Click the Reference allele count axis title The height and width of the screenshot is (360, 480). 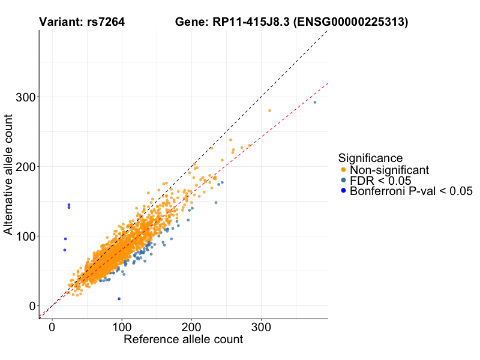pyautogui.click(x=183, y=340)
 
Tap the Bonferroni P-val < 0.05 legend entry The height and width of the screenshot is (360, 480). pyautogui.click(x=411, y=191)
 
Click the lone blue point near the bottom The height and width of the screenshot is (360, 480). pyautogui.click(x=119, y=298)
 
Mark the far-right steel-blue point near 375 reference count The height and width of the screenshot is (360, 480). pyautogui.click(x=315, y=102)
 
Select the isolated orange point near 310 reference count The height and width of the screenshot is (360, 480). pyautogui.click(x=269, y=110)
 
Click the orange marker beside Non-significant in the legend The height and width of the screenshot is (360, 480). pyautogui.click(x=343, y=170)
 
